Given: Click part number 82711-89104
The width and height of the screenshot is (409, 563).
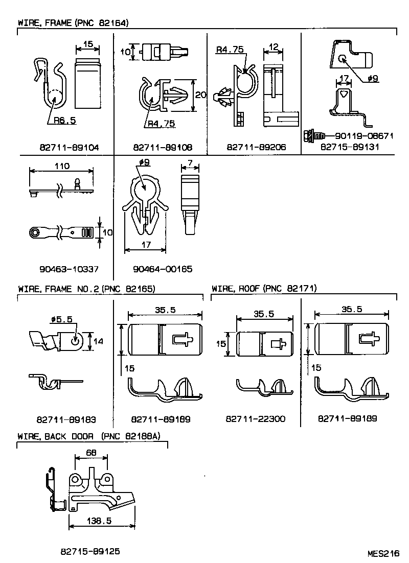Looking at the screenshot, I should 69,148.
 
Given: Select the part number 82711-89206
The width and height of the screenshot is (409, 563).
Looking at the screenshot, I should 256,148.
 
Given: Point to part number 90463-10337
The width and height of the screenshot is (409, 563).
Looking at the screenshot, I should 69,269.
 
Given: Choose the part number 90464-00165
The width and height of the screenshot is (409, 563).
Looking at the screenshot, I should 163,269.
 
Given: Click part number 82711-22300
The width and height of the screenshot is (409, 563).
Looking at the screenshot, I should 255,419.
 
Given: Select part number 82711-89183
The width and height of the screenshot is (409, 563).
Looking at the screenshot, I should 66,419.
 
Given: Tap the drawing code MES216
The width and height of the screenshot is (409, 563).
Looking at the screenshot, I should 382,553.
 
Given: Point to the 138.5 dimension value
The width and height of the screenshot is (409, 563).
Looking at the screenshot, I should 100,521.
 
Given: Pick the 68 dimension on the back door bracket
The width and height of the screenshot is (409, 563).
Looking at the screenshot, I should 92,453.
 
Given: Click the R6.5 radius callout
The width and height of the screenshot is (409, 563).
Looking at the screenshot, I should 65,121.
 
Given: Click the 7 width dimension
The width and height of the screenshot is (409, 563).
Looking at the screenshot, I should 190,162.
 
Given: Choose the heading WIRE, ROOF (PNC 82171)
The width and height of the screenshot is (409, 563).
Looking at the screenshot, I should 264,289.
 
